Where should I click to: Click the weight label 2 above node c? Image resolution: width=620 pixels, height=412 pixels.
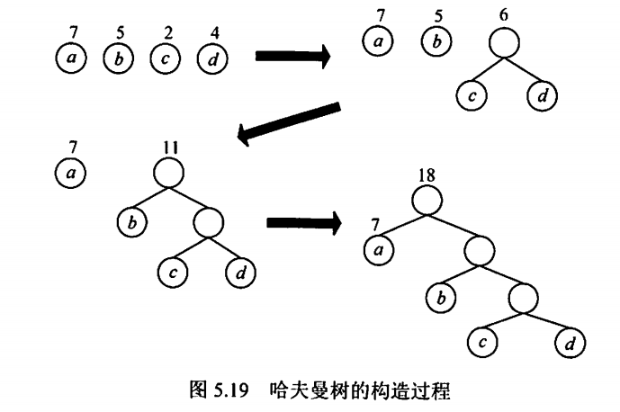point(166,35)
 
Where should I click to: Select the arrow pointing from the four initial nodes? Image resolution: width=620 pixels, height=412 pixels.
point(292,57)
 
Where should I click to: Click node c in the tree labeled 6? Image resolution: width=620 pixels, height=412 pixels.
point(467,96)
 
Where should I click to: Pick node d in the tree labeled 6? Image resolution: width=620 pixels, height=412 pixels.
point(542,96)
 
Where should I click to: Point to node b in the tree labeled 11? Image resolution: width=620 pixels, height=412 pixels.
point(130,221)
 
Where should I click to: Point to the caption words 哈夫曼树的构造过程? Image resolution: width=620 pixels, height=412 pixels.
point(358,391)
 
